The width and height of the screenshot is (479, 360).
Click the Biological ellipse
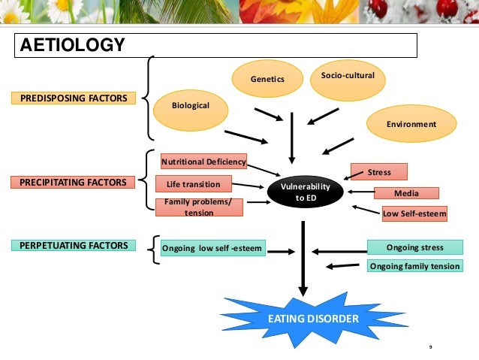[190, 106]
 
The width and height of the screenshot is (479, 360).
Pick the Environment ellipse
[411, 124]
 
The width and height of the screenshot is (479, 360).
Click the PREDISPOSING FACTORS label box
[68, 98]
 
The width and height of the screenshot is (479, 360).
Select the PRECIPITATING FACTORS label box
[68, 182]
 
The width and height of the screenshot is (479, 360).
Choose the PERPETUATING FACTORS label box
[68, 245]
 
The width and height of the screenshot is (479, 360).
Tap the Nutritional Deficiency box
[203, 162]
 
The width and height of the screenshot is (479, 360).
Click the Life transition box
[193, 184]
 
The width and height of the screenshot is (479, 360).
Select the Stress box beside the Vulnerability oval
[378, 172]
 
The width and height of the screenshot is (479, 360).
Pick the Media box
[405, 193]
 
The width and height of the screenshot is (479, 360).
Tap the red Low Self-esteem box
[414, 213]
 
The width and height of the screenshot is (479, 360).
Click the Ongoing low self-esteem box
[213, 248]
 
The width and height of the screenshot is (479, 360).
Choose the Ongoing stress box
[414, 247]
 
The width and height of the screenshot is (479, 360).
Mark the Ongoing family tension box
[414, 265]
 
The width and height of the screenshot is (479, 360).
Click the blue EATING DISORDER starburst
[313, 319]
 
